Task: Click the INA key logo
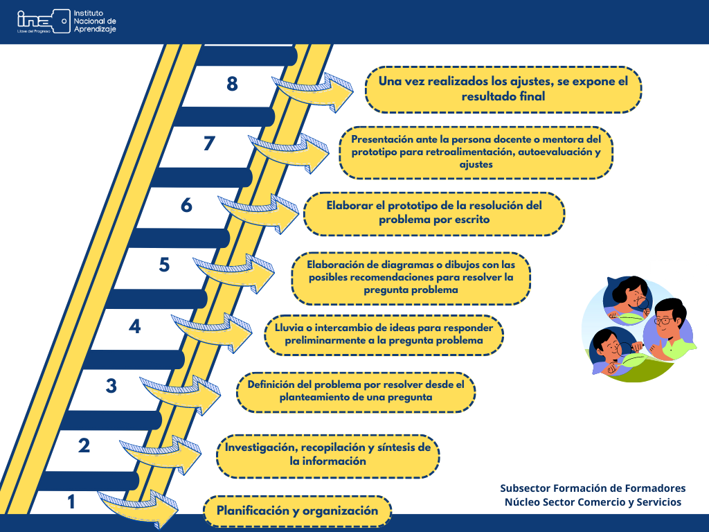tap(44, 21)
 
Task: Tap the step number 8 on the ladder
tap(232, 84)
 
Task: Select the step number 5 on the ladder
tap(164, 265)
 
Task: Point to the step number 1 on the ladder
tap(71, 502)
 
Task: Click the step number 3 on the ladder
tap(111, 386)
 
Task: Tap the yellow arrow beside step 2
tap(161, 454)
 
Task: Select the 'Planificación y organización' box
tap(297, 511)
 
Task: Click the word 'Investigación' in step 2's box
tap(261, 447)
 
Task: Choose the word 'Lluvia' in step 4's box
tap(289, 328)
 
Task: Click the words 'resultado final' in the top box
tap(503, 96)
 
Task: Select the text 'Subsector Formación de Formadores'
tap(593, 488)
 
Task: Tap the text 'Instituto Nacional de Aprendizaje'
tap(95, 21)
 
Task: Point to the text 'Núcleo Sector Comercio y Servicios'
tap(593, 502)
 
